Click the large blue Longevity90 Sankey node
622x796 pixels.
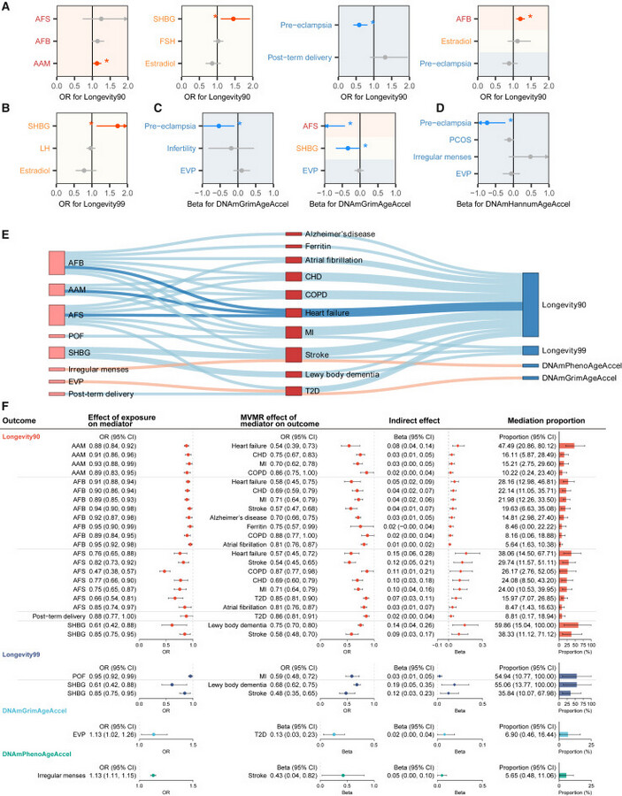point(530,305)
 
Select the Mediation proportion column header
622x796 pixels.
point(553,420)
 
